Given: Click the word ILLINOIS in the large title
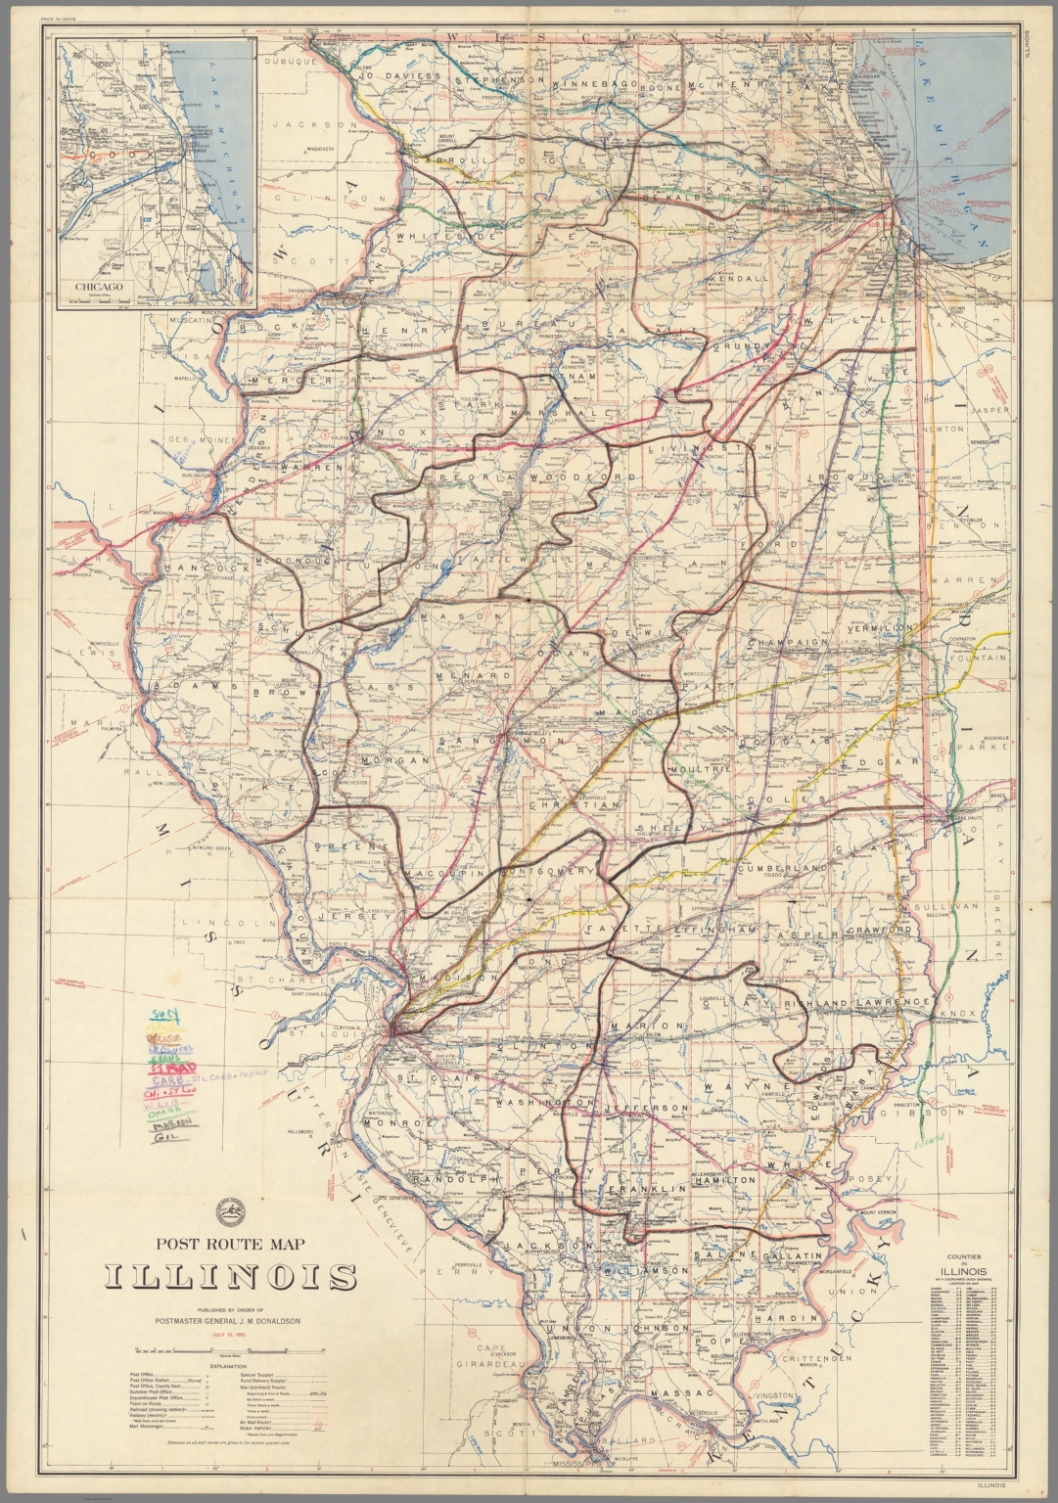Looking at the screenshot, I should point(231,1278).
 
